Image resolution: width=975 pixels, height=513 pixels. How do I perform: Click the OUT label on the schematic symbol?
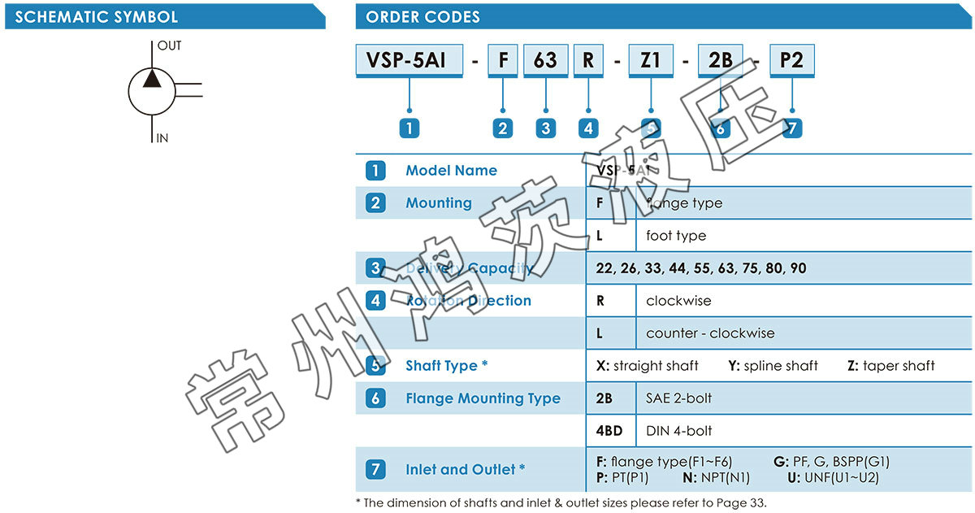(169, 46)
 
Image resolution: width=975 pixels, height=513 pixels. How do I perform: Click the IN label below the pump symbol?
(162, 138)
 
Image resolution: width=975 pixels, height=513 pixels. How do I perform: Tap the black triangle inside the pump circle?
(152, 78)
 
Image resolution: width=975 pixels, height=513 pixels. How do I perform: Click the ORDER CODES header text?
(422, 17)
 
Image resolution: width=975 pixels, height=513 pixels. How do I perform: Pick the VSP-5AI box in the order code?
(409, 61)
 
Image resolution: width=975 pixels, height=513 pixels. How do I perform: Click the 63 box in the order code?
(545, 61)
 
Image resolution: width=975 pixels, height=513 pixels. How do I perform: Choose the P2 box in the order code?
(791, 61)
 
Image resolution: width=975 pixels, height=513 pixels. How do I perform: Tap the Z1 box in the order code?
(650, 61)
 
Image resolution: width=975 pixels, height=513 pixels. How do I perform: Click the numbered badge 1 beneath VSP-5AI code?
(409, 128)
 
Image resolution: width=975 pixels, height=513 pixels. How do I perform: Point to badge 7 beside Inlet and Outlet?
(375, 470)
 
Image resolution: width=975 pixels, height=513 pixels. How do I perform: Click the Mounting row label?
(439, 203)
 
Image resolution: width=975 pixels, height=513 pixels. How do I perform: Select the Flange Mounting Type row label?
(483, 398)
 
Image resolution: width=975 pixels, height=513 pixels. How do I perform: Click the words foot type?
(676, 236)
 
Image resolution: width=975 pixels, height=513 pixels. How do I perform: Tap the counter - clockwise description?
(710, 333)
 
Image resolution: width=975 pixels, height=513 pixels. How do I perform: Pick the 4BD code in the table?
(609, 431)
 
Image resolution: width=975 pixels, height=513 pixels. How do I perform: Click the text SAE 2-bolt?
(678, 398)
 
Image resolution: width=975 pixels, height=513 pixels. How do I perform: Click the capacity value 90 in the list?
(798, 268)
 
